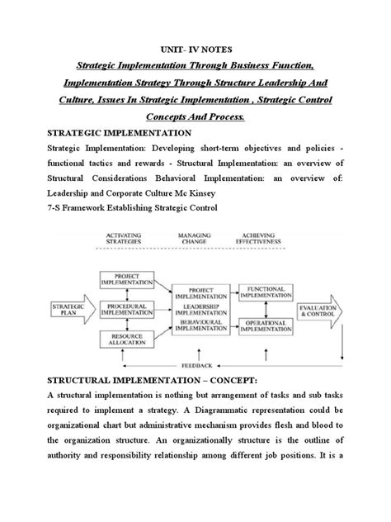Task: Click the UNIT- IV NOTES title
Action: [x=195, y=48]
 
